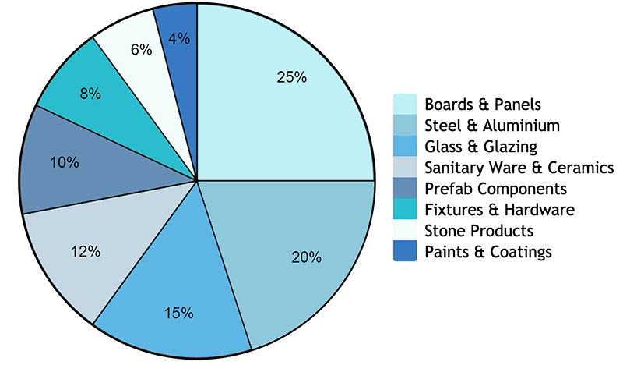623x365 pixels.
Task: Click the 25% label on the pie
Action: click(292, 77)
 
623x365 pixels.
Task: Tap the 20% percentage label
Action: click(306, 258)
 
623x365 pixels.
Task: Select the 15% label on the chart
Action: click(179, 313)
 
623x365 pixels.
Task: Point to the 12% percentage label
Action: click(86, 251)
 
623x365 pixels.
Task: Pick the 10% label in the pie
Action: click(64, 162)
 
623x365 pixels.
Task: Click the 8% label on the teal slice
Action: click(90, 94)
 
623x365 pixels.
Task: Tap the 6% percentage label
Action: click(141, 49)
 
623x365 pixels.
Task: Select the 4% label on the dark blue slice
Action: click(178, 37)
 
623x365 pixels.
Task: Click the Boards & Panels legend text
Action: click(483, 104)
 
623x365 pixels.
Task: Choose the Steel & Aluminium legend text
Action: click(492, 125)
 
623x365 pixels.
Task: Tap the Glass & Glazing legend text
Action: click(480, 146)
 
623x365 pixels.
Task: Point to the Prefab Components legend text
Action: click(495, 189)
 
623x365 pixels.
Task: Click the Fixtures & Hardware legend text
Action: click(499, 210)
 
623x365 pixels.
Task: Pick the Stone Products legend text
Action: click(479, 231)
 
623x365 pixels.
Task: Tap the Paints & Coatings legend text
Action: click(488, 252)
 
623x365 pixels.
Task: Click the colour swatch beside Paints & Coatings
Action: click(405, 252)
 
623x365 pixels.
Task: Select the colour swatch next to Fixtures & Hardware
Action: click(405, 210)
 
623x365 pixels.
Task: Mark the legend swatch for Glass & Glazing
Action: click(405, 146)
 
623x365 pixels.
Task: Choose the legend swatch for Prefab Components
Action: click(405, 189)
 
